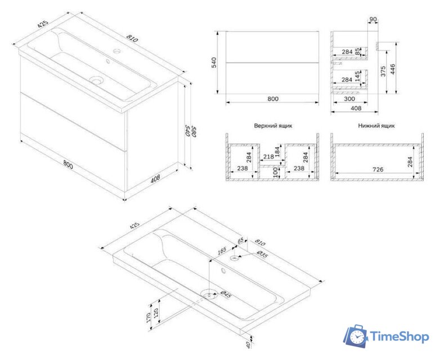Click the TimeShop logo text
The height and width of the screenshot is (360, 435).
click(x=400, y=337)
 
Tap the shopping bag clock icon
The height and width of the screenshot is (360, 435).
click(x=356, y=336)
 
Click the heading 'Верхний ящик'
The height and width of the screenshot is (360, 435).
click(x=273, y=125)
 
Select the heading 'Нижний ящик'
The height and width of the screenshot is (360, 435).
click(x=376, y=125)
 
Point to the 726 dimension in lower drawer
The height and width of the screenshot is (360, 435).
click(x=378, y=169)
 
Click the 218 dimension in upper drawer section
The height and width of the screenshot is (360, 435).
click(x=268, y=157)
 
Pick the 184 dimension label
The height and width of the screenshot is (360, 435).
click(x=277, y=152)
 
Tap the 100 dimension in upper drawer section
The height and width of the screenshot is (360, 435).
click(x=276, y=172)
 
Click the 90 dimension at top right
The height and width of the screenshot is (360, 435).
click(x=374, y=20)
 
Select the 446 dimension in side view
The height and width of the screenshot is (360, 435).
click(x=393, y=69)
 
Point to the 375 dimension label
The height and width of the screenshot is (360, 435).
click(x=383, y=71)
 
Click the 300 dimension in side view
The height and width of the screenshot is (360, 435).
click(x=349, y=99)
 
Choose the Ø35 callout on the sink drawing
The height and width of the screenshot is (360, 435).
click(x=262, y=254)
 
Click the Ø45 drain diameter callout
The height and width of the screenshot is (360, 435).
click(x=226, y=294)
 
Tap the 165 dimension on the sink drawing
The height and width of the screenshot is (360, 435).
click(x=222, y=251)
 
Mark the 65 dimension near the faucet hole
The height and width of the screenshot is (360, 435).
click(x=240, y=240)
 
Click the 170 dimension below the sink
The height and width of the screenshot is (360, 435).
click(x=148, y=317)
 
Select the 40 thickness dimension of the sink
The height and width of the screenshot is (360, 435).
click(x=248, y=345)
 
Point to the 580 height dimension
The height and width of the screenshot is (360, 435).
click(x=194, y=132)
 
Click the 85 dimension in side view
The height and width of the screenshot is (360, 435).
click(x=357, y=51)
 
